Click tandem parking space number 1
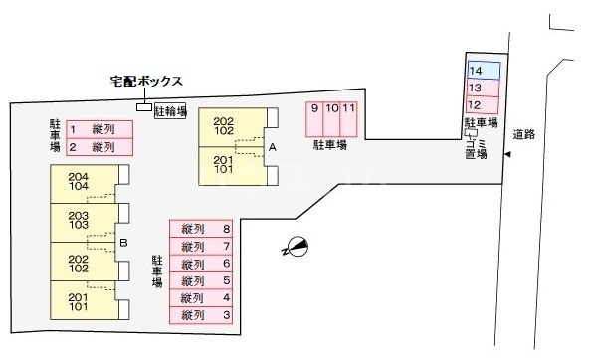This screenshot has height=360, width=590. tap(98, 129)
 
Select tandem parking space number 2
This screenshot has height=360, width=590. tap(98, 147)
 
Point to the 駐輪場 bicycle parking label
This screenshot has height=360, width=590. tap(171, 111)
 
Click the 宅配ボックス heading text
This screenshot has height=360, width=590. tap(145, 83)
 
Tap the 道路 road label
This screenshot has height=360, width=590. tap(524, 134)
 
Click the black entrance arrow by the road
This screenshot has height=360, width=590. tap(507, 154)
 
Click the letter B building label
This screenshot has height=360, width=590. tap(122, 242)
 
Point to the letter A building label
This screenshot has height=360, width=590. tap(271, 146)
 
